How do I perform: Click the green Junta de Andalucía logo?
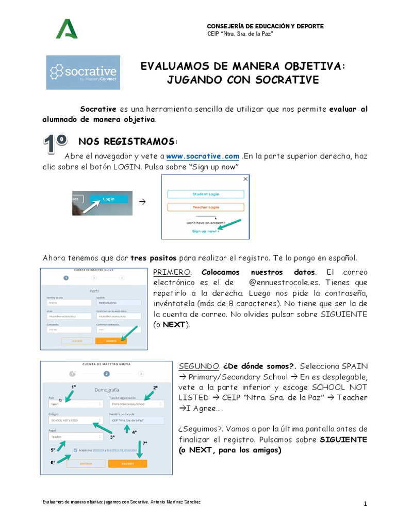pos(67,29)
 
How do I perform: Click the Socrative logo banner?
pos(83,73)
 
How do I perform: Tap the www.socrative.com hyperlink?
pos(203,156)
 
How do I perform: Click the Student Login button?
pos(206,194)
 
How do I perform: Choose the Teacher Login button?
pos(206,207)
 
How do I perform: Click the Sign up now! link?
pos(205,232)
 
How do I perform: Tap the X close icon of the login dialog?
pos(245,179)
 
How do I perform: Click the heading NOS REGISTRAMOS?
pos(127,142)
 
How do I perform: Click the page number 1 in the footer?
pos(365,505)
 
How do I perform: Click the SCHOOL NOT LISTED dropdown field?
pos(73,420)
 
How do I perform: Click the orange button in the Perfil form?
pos(111,341)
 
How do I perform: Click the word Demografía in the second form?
pos(106,390)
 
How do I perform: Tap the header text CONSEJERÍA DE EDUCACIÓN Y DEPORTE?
pos(265,26)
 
